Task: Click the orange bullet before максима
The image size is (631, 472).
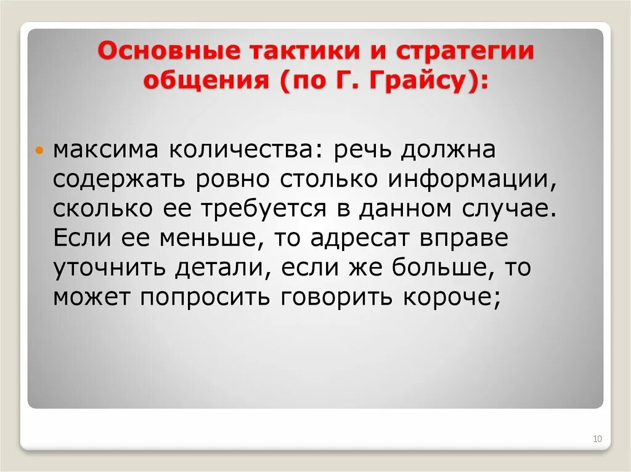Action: (x=40, y=151)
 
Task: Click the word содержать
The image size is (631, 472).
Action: (x=121, y=179)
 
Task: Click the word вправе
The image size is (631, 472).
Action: (x=469, y=237)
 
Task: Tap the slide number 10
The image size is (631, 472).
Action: (x=597, y=439)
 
